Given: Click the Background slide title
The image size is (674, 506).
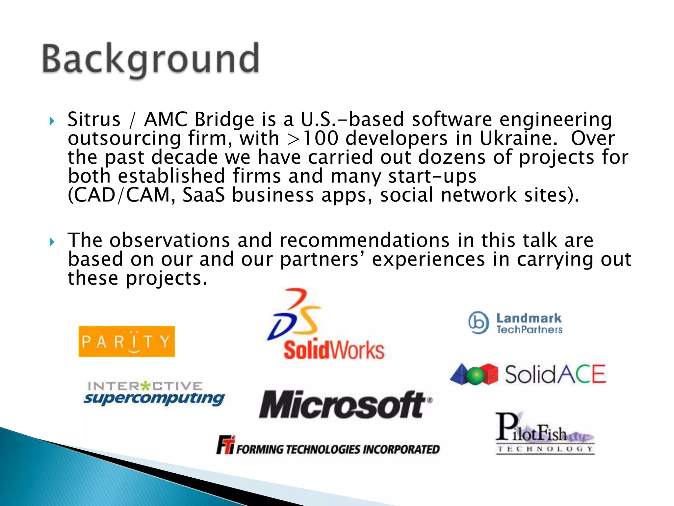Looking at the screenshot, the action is [151, 59].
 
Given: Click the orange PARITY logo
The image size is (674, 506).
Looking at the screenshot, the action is [126, 341].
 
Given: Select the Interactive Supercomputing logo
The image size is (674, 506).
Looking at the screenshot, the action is [154, 393].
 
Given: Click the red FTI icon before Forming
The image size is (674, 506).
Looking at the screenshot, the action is [225, 445].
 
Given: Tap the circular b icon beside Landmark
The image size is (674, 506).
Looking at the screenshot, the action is [479, 323].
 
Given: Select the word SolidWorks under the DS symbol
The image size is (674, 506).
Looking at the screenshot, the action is [334, 350].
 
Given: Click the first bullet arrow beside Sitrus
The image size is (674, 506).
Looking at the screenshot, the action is [52, 121].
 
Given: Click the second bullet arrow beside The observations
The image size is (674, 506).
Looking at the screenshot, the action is [52, 242].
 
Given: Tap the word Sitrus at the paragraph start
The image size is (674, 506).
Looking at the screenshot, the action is [94, 119].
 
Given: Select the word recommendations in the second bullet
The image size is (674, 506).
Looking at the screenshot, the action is [364, 240].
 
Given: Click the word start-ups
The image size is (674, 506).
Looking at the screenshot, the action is [432, 176].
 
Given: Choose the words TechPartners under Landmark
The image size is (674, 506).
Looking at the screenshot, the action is [529, 330].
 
